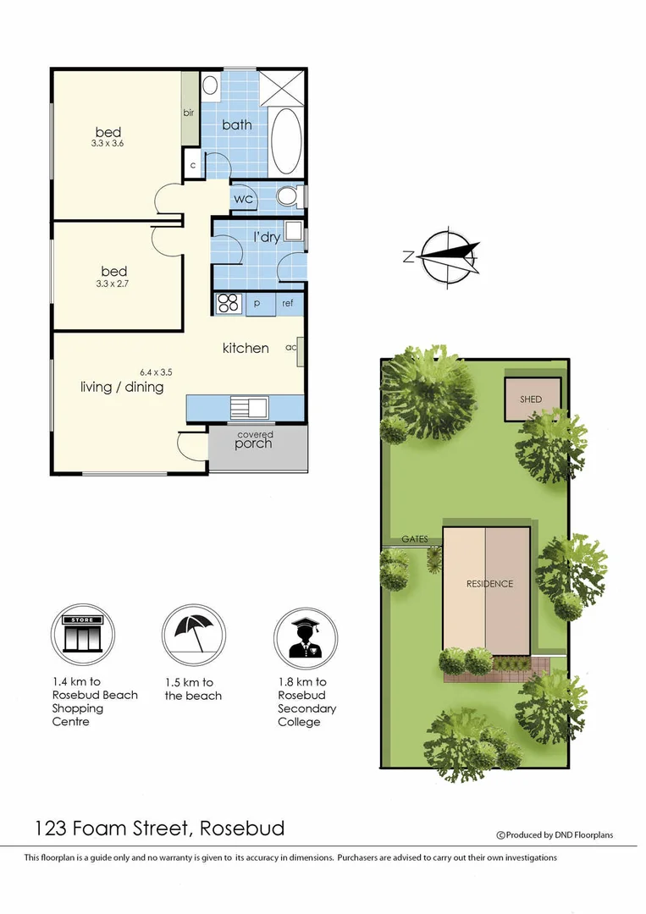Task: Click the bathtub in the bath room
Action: tap(285, 141)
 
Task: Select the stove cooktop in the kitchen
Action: tap(229, 303)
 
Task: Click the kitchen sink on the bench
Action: tap(250, 407)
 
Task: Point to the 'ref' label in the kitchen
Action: tap(288, 303)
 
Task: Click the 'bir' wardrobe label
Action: tap(189, 112)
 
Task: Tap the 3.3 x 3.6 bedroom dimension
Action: tap(108, 145)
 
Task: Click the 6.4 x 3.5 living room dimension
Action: tap(156, 372)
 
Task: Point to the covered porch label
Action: tap(254, 440)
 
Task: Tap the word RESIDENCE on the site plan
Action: tap(489, 584)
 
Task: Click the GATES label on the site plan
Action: tap(415, 539)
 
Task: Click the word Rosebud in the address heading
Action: tap(242, 828)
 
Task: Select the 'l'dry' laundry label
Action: tap(267, 237)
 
